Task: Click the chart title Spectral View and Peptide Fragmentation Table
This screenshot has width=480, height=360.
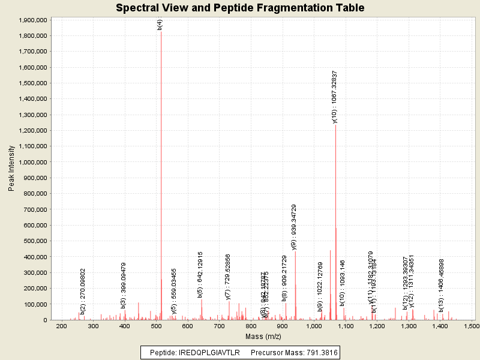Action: (x=240, y=8)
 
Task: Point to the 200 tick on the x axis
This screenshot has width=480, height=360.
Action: (x=61, y=326)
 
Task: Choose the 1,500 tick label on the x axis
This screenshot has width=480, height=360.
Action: (x=471, y=326)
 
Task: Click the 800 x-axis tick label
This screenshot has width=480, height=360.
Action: (x=250, y=326)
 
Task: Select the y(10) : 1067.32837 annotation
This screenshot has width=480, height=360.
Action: (x=335, y=97)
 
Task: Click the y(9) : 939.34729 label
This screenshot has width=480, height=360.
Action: (x=294, y=227)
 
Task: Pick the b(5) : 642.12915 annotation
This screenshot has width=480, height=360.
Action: (x=200, y=274)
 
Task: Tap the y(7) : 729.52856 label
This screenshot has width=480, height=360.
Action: (x=228, y=277)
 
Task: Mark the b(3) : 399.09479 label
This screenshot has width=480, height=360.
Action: (x=124, y=285)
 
